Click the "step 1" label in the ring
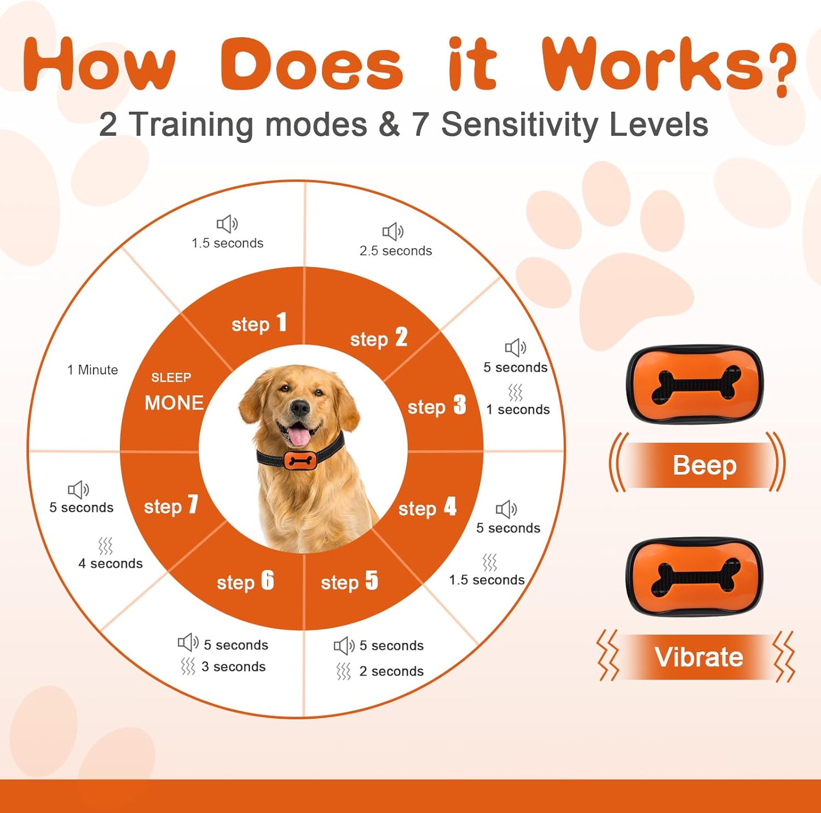point(259,323)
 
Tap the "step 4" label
point(427,508)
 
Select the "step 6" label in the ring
point(245,581)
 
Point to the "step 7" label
point(171,505)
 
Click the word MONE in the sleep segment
point(174,403)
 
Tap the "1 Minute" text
point(92,370)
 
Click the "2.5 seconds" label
point(396,251)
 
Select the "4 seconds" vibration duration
point(111,563)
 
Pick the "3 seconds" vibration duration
point(234,666)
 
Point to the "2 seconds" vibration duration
point(391,671)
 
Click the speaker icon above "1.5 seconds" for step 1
point(227,224)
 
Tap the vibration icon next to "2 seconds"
point(343,671)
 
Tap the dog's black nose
point(300,407)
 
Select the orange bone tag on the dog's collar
point(300,460)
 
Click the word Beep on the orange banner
point(704,465)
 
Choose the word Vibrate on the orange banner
point(699,657)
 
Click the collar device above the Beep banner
point(695,384)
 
